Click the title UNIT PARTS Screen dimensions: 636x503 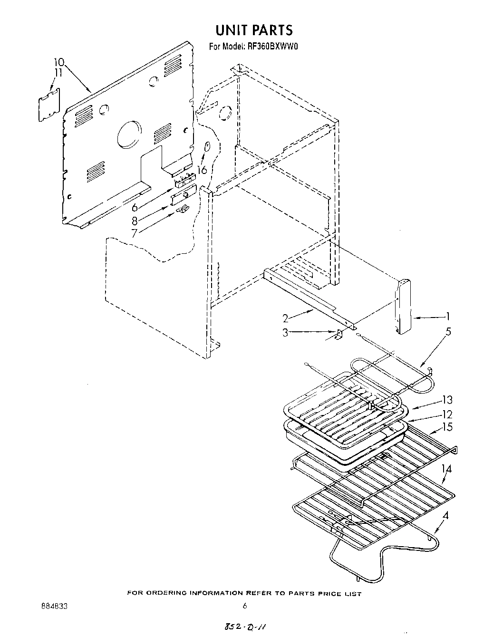coord(254,30)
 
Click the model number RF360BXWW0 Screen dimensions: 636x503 coord(270,47)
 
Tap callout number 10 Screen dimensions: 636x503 coord(58,62)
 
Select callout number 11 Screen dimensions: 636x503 coord(58,73)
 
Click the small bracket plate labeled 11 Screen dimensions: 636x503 coord(50,104)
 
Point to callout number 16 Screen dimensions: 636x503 coord(202,170)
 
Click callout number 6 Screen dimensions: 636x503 coord(135,207)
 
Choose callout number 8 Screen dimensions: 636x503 coord(135,221)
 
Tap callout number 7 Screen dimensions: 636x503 coord(135,232)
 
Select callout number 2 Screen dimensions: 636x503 coord(286,318)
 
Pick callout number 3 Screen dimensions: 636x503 coord(285,333)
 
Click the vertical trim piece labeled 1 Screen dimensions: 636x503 coord(404,307)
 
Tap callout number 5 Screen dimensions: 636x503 coord(448,331)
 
